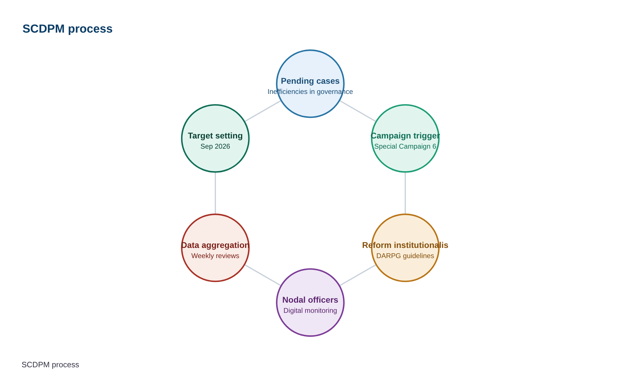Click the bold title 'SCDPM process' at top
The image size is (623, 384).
67,29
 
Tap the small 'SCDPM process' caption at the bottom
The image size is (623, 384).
50,365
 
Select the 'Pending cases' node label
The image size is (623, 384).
310,81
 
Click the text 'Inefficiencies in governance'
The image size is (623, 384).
310,92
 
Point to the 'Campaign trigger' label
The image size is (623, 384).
405,136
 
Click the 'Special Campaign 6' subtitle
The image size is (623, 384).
405,146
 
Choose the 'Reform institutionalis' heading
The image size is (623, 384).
405,245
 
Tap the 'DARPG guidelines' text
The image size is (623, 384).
405,256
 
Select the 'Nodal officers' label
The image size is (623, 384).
310,300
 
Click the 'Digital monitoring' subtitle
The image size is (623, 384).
310,310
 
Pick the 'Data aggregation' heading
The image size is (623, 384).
215,245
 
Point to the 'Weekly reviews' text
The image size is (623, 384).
215,256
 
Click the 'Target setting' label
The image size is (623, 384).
215,136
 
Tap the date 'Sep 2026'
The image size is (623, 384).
215,146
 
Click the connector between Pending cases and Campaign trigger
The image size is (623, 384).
358,111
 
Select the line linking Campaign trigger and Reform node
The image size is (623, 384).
405,193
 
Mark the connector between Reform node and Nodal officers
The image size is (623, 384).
358,275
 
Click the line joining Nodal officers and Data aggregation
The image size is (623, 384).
263,275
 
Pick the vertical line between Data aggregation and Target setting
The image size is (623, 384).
215,193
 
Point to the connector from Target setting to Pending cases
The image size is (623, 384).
263,111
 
